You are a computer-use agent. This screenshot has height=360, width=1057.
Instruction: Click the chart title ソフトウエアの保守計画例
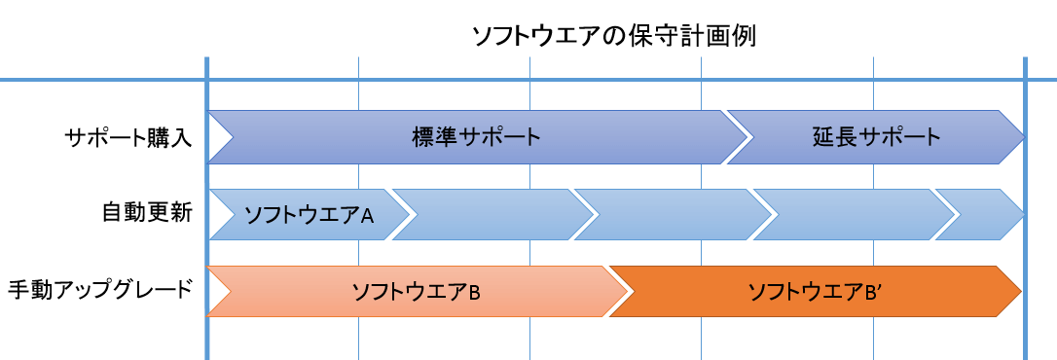614,37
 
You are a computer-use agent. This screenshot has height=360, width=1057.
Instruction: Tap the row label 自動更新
147,213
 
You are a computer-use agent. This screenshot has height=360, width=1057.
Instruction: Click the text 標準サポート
476,137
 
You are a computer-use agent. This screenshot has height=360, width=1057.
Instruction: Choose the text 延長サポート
877,137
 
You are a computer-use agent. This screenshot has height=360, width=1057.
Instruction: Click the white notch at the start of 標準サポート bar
219,137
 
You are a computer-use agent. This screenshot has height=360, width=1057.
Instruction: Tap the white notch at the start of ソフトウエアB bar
217,291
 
